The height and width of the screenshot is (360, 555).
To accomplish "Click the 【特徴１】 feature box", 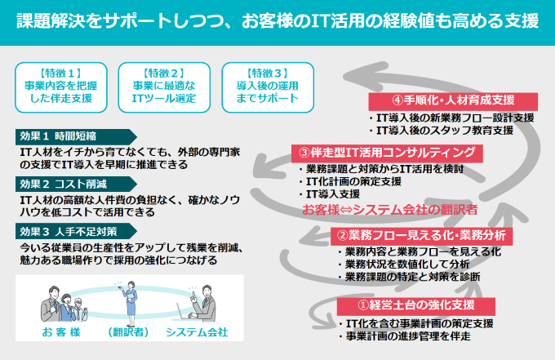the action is tap(61, 87).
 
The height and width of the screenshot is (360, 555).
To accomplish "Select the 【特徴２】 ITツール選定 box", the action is tap(164, 87).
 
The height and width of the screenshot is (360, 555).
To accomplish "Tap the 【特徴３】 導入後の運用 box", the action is tap(268, 87).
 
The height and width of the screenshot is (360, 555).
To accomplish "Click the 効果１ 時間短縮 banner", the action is tap(76, 136).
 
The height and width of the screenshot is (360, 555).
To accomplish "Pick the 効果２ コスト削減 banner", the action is tap(76, 184).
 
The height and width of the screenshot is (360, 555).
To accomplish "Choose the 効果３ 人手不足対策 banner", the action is tap(76, 232).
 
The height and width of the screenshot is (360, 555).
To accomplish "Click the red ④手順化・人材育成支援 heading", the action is tap(453, 101).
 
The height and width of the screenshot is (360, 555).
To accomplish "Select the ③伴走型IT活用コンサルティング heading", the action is tap(387, 153).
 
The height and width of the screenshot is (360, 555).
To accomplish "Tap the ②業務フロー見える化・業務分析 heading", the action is tap(421, 236).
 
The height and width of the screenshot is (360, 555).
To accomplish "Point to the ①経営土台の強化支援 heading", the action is tap(416, 306).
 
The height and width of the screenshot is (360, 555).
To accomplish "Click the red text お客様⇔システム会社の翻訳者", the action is tap(389, 210).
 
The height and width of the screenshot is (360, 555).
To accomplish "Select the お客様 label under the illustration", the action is tap(61, 332).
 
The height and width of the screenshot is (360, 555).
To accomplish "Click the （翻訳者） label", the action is tap(128, 332).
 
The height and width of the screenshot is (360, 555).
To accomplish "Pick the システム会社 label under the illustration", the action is tap(197, 332).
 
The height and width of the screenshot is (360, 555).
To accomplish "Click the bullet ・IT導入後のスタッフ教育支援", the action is tap(441, 131).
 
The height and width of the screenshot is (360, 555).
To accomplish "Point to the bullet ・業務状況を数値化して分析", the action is tap(403, 264).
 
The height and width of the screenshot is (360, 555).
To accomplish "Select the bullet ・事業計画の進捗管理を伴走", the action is tap(405, 336).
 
